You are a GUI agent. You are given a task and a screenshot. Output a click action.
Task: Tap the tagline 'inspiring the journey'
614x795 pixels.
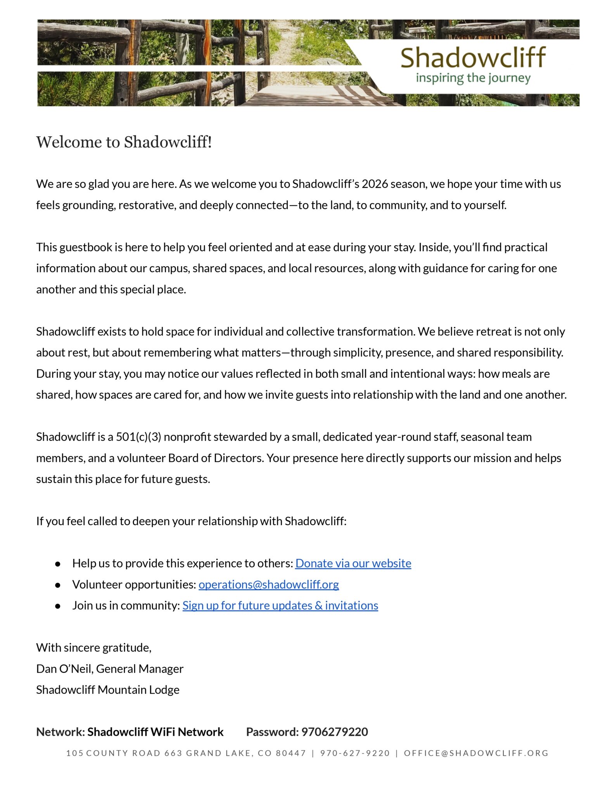click(x=473, y=78)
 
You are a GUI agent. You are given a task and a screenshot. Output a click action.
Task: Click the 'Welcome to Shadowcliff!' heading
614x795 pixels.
click(x=124, y=142)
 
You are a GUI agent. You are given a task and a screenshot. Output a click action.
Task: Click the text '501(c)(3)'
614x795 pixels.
click(x=138, y=437)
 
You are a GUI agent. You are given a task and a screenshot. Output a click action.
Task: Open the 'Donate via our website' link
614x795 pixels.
click(x=353, y=563)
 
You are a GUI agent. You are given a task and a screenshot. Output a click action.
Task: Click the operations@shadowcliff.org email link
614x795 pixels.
click(x=268, y=584)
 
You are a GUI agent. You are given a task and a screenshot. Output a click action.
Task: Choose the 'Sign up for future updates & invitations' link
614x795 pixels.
click(x=280, y=606)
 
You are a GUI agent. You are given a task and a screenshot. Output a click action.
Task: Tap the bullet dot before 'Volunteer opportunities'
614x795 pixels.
click(x=58, y=585)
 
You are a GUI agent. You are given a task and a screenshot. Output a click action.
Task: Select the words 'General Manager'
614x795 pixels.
click(x=140, y=669)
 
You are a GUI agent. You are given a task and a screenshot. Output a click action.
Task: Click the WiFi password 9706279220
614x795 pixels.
click(x=334, y=732)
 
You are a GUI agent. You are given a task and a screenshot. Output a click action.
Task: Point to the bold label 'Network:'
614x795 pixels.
click(x=61, y=732)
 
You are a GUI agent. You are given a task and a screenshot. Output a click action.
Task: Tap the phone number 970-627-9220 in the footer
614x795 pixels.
click(x=355, y=753)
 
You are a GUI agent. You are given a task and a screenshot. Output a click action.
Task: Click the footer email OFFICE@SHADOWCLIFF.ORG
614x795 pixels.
click(x=476, y=753)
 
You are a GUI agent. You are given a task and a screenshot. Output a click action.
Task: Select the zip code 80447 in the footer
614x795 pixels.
click(x=291, y=753)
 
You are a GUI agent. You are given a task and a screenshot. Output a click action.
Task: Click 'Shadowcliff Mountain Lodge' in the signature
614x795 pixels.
click(x=108, y=690)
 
